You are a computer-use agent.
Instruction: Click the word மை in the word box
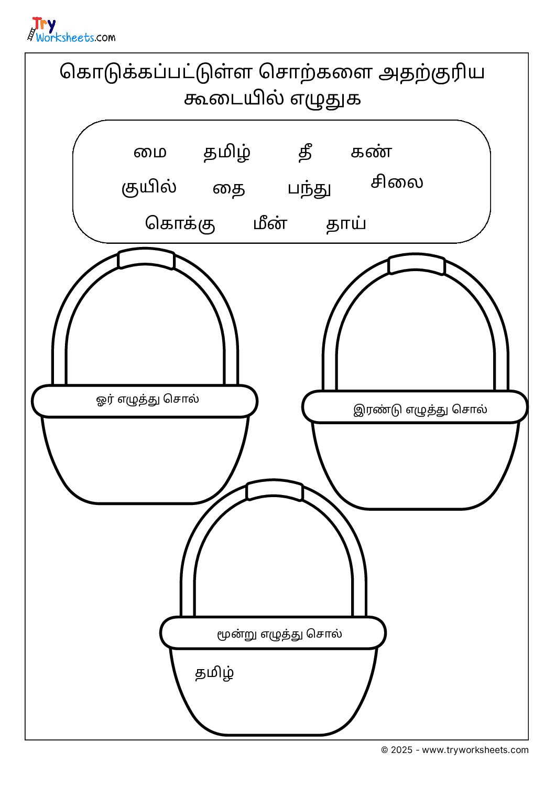[150, 153]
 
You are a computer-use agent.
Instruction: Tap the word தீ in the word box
[305, 152]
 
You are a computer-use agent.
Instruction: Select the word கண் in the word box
[371, 152]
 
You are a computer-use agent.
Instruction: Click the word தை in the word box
[228, 189]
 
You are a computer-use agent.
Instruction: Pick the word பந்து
[309, 189]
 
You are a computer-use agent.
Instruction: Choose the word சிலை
[397, 182]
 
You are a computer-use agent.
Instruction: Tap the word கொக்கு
[180, 223]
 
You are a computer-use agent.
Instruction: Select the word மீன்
[270, 223]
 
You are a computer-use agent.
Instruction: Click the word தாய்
[345, 223]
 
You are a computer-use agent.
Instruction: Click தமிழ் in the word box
[227, 153]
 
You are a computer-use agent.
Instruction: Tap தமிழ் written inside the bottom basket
[214, 673]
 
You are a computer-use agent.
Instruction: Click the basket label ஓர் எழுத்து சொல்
[147, 399]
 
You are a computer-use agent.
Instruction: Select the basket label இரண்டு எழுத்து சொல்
[420, 410]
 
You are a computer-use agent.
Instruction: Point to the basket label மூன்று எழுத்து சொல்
[279, 633]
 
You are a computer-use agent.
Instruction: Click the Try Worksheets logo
[71, 29]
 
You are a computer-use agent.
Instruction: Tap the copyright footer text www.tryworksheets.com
[475, 750]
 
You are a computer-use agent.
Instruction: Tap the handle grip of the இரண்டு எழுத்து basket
[416, 264]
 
